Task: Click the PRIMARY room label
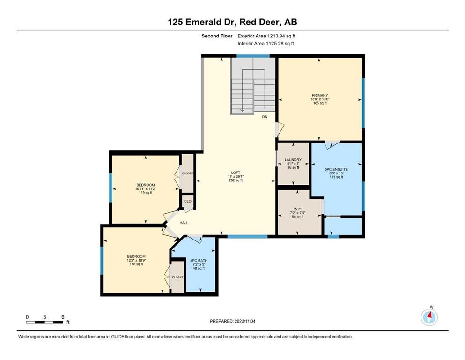(320, 96)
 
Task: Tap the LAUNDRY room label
(293, 160)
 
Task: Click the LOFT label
(236, 172)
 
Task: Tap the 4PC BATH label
(196, 261)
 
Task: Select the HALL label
(184, 223)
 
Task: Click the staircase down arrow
(242, 108)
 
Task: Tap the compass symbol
(429, 317)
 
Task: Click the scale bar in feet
(45, 322)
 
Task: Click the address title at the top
(232, 22)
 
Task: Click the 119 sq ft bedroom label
(145, 188)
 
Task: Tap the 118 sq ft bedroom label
(136, 260)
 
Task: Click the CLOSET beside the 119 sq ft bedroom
(188, 173)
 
